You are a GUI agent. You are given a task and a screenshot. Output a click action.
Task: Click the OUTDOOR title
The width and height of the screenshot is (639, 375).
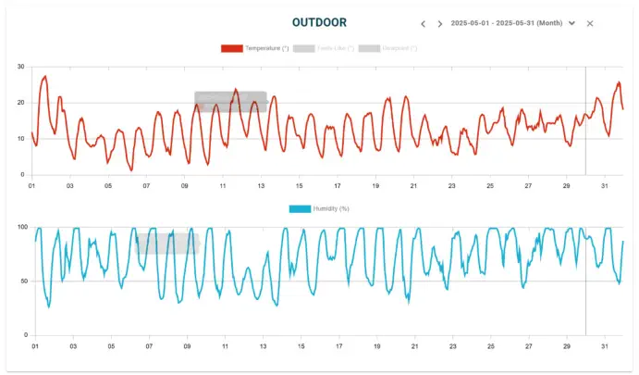point(320,22)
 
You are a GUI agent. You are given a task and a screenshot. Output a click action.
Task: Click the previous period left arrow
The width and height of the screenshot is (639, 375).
point(423,23)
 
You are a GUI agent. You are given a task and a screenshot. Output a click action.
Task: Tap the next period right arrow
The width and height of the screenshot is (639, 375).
point(440,23)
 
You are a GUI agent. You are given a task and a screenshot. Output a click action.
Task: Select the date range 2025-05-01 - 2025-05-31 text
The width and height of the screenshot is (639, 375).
point(506,23)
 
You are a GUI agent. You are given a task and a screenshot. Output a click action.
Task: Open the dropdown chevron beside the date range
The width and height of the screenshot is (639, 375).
point(572,23)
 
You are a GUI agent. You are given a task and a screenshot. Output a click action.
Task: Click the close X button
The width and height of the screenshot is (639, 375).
point(590,23)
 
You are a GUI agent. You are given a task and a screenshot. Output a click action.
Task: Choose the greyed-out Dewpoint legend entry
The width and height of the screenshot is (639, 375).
point(387,48)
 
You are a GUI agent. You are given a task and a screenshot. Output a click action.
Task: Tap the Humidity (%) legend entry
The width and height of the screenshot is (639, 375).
point(319,208)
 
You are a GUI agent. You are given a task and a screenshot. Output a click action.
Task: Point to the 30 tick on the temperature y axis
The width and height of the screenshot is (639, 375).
point(21,67)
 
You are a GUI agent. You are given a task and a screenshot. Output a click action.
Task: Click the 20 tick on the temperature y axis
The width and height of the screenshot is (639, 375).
point(21,103)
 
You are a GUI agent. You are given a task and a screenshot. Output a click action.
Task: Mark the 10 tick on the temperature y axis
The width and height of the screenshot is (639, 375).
point(21,139)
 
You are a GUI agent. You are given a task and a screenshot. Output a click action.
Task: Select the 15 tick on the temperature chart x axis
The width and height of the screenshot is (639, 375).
point(300,186)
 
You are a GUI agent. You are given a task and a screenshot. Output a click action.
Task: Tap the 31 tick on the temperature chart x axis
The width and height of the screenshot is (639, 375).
point(605,186)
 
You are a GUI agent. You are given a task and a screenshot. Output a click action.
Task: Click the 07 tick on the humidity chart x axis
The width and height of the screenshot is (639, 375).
point(149,346)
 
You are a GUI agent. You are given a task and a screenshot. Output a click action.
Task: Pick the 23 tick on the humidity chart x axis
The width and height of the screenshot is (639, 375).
point(453,346)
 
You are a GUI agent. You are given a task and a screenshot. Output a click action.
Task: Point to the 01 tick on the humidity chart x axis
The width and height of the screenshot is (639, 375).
point(35,346)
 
